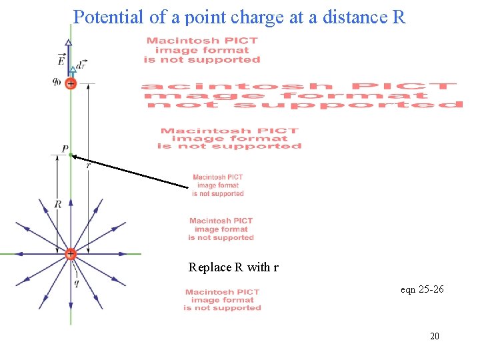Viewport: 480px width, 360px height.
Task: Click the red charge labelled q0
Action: pos(70,84)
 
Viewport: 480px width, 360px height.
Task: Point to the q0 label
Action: pos(58,83)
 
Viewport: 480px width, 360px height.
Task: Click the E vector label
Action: pos(61,61)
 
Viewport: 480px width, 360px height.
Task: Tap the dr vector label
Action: pos(81,65)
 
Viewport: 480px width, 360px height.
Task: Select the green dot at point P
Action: pos(70,155)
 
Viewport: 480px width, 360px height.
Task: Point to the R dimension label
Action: pos(58,204)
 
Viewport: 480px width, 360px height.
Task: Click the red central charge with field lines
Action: pos(70,254)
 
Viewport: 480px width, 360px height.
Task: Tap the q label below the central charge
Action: pos(77,282)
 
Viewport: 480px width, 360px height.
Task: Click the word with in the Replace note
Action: pos(257,268)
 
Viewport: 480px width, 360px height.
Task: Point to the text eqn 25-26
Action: pos(422,289)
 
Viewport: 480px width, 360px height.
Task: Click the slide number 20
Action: pos(435,337)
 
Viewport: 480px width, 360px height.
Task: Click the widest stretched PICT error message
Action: pos(302,95)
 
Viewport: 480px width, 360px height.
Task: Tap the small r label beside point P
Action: pos(88,165)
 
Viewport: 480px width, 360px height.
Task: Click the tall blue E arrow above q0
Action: pos(69,60)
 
